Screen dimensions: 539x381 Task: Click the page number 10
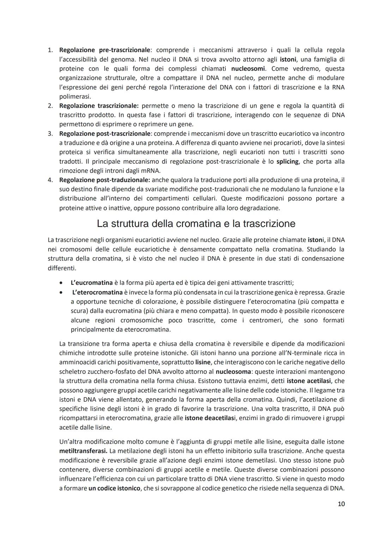click(341, 504)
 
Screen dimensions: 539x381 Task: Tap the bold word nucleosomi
click(248, 68)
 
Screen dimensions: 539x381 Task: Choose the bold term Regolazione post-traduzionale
click(104, 180)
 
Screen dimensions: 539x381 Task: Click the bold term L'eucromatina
click(91, 283)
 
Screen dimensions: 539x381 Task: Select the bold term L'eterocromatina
click(97, 292)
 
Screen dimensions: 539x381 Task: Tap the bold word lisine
click(203, 362)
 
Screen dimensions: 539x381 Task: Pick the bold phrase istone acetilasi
click(310, 381)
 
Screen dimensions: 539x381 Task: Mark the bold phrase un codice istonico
click(114, 488)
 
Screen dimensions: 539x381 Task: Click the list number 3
click(50, 133)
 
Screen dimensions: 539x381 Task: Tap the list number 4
click(50, 180)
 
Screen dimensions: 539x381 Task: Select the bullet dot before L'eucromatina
click(62, 283)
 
